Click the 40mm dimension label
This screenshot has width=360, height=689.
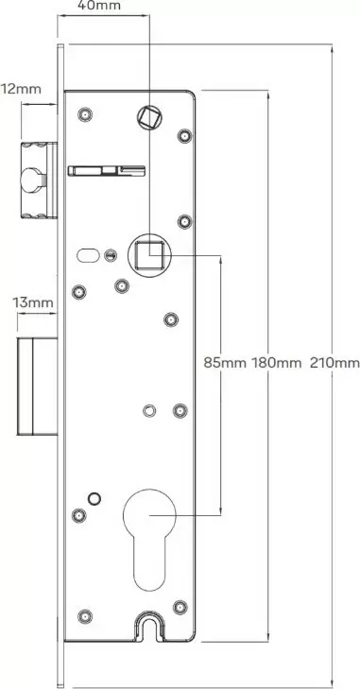98,6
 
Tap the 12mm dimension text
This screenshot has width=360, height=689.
21,89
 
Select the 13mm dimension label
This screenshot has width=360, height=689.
33,302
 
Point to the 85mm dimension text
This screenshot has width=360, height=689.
226,363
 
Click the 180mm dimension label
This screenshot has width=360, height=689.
277,363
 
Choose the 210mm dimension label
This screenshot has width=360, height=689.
334,363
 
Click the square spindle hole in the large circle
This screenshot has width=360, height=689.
149,255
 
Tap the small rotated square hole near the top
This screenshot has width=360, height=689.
149,117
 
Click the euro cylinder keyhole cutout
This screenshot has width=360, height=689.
149,540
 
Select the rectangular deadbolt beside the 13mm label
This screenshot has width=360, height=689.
38,387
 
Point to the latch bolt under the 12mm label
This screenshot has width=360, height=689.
39,181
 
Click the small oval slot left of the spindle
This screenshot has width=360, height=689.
88,255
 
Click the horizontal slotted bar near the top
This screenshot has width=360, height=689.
107,170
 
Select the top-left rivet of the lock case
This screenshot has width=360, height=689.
85,114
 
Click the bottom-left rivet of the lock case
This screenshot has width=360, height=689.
85,616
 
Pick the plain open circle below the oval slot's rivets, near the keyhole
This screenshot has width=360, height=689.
94,498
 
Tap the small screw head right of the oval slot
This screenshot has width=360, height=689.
111,255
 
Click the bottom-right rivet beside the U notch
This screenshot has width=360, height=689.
180,607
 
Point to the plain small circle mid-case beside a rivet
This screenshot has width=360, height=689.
149,410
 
